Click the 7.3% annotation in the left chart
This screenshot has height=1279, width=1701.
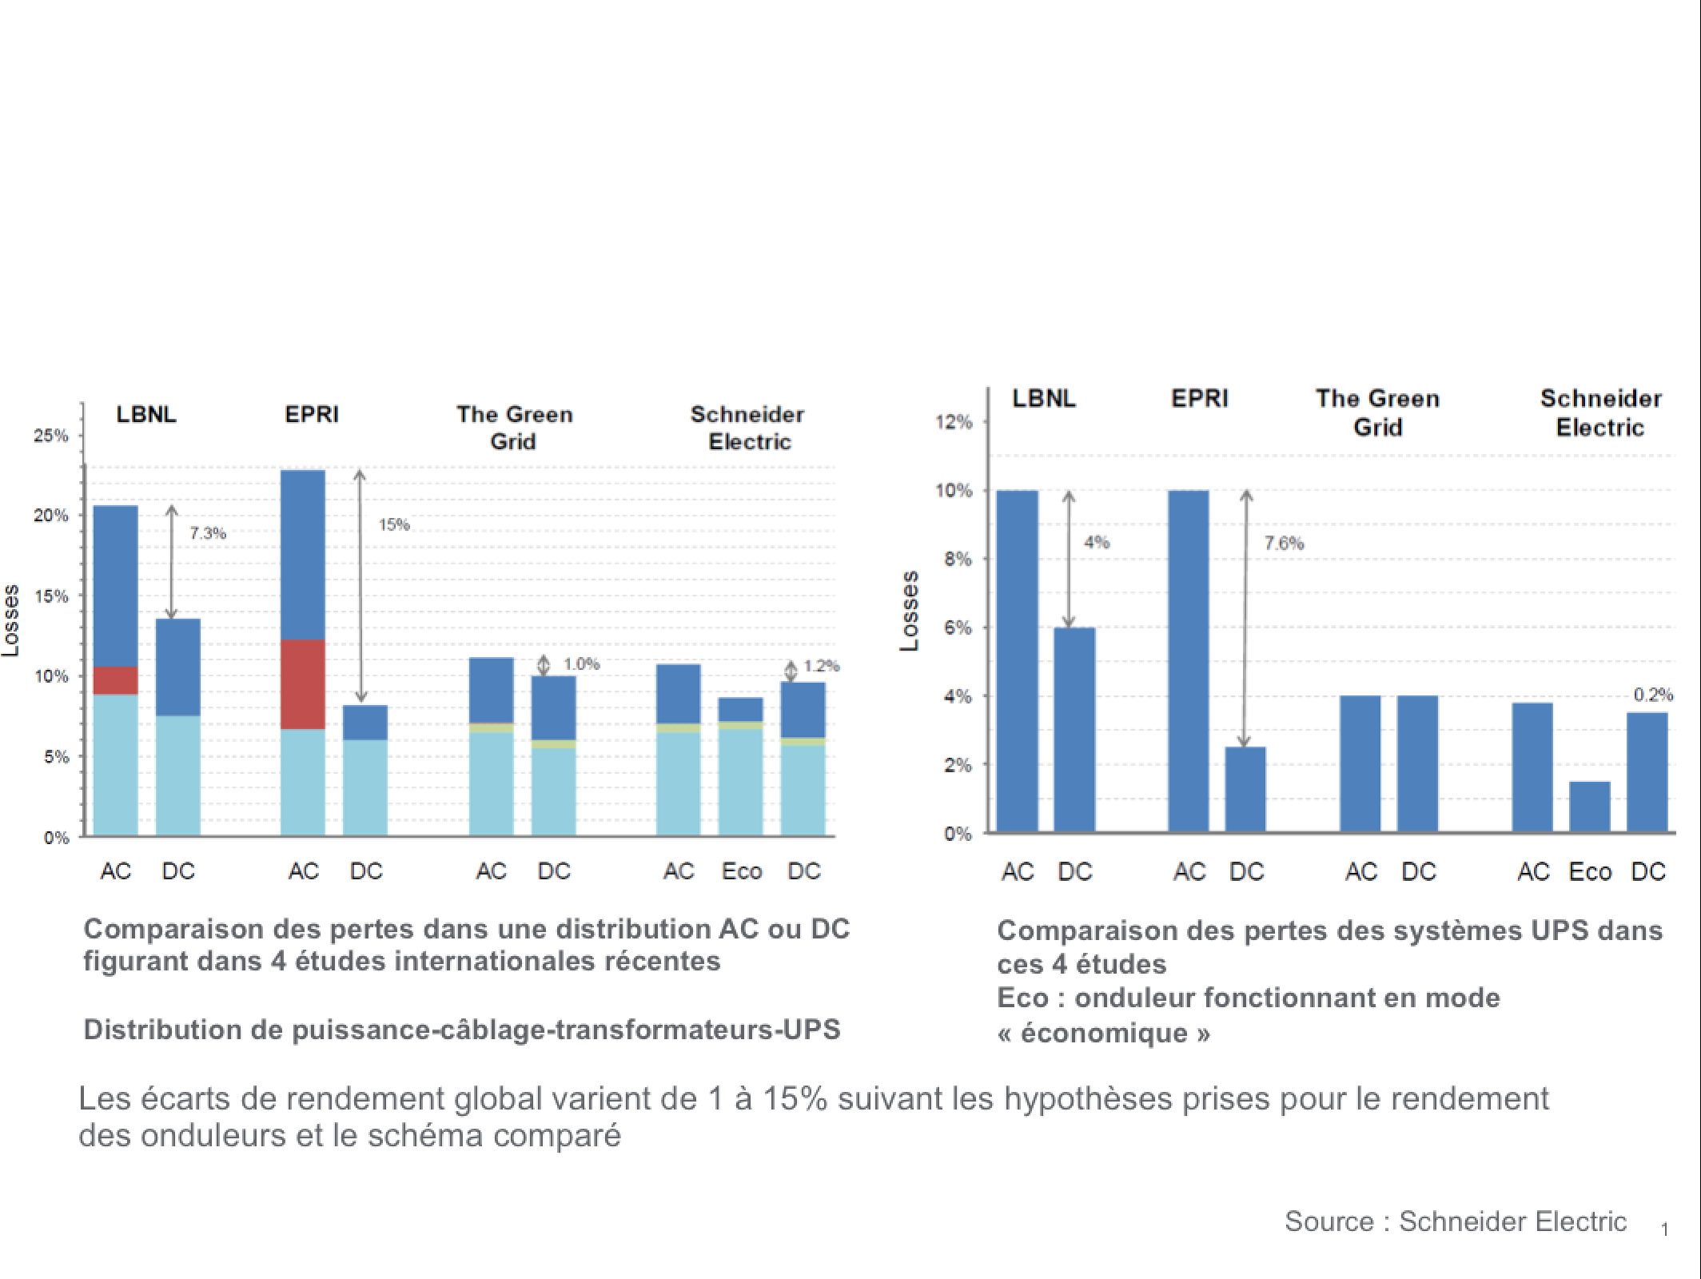point(208,533)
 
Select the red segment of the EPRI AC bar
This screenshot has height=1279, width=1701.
point(303,683)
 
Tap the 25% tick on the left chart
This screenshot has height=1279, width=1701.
point(51,436)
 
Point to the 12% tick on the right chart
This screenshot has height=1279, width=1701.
point(954,421)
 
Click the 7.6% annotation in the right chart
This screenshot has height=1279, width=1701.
point(1284,544)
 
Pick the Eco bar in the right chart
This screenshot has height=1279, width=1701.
point(1589,807)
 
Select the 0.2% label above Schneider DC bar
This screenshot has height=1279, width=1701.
point(1653,695)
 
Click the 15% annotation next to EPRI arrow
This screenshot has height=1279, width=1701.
point(394,525)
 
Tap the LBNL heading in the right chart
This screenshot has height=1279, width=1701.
point(1044,398)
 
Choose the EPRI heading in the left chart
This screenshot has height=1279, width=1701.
point(312,414)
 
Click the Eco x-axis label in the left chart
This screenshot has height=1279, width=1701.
point(742,871)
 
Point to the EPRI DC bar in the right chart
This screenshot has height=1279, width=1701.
point(1245,789)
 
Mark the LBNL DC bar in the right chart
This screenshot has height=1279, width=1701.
point(1074,729)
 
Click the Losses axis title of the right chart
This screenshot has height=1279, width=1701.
point(909,612)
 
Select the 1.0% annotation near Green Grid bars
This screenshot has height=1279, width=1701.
point(581,663)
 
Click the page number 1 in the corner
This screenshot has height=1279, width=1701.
point(1664,1229)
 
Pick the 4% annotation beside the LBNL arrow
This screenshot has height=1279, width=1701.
point(1097,542)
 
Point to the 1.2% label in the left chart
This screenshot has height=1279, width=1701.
point(821,666)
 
